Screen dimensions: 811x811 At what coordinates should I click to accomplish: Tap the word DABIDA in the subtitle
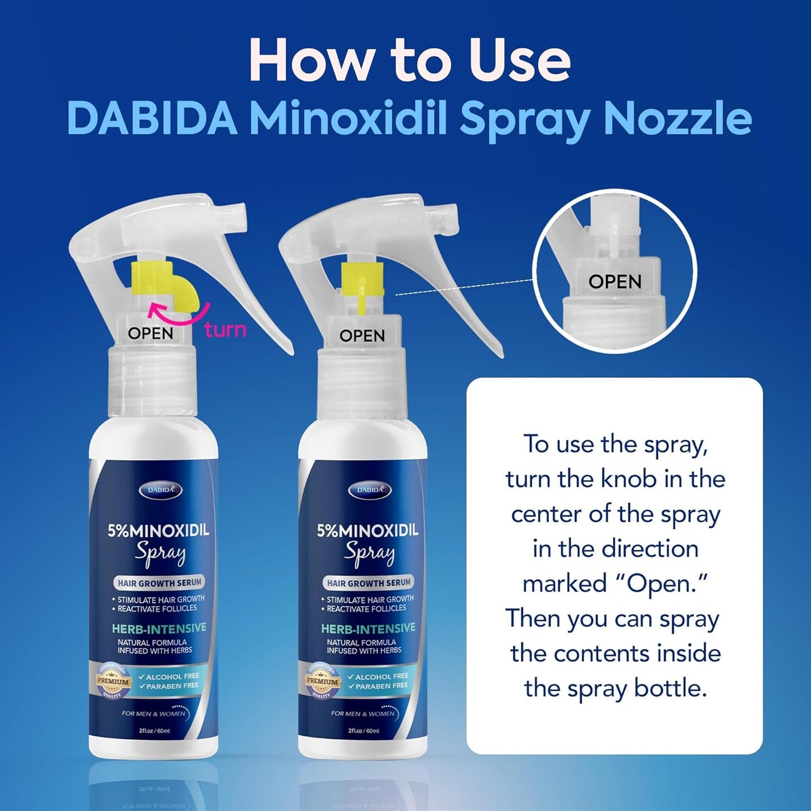click(152, 118)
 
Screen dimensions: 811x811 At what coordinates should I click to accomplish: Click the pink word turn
click(226, 329)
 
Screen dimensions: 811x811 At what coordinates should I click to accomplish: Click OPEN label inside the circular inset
click(615, 282)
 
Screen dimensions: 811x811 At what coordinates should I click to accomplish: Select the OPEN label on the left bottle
click(150, 333)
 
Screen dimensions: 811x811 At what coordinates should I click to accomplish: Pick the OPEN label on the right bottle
click(362, 336)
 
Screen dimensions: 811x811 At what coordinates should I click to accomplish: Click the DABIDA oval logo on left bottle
click(160, 490)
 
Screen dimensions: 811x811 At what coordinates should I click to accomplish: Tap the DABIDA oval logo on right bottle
click(369, 490)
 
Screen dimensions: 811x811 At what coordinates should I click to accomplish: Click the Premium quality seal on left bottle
click(113, 681)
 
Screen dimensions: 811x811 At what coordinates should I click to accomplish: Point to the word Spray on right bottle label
click(369, 553)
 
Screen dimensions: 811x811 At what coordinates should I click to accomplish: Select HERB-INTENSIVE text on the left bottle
click(159, 628)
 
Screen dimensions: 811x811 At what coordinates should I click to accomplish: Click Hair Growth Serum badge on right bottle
click(369, 583)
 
